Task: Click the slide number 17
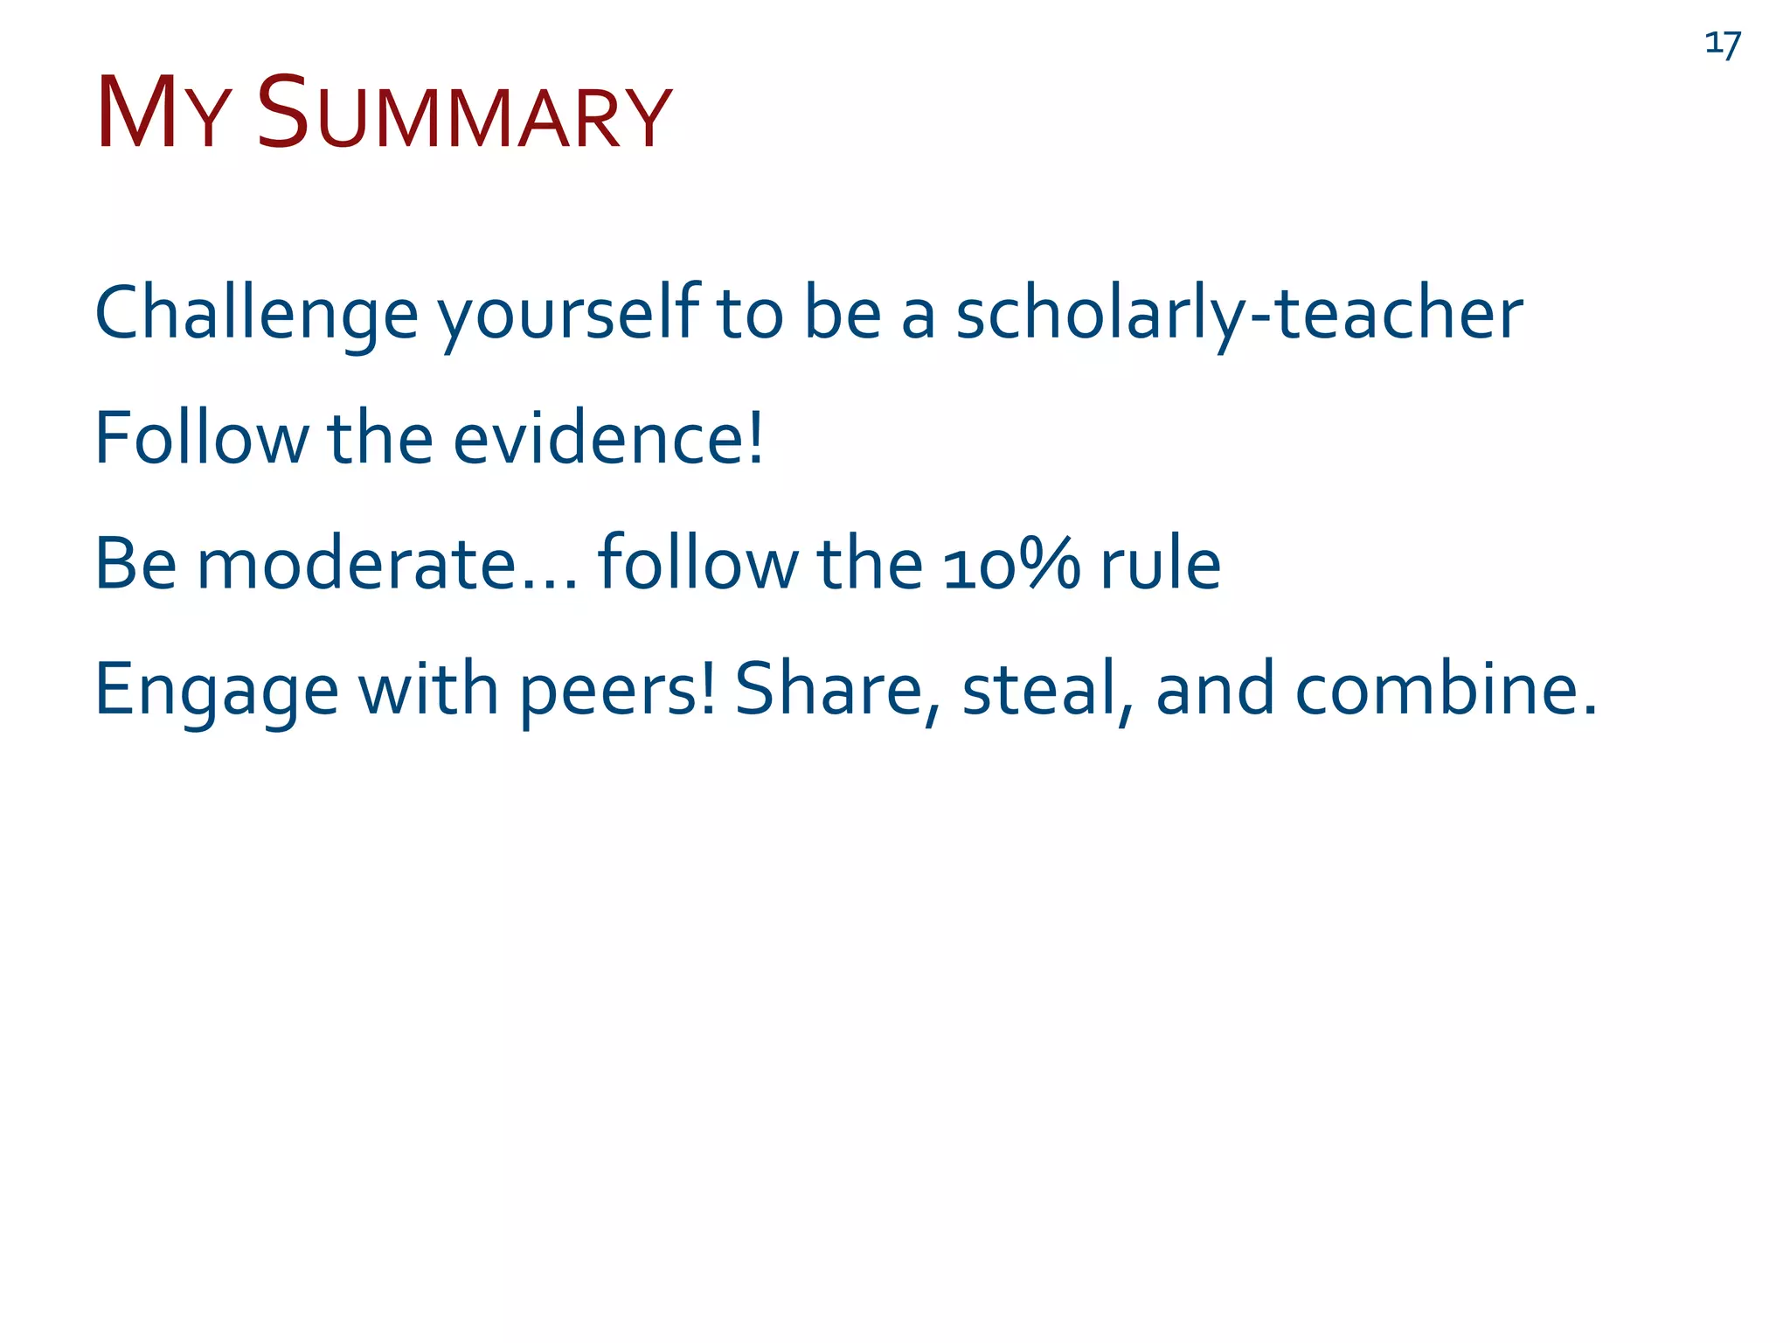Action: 1722,44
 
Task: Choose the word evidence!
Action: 607,438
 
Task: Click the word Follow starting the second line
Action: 201,438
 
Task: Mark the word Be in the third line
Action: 135,564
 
